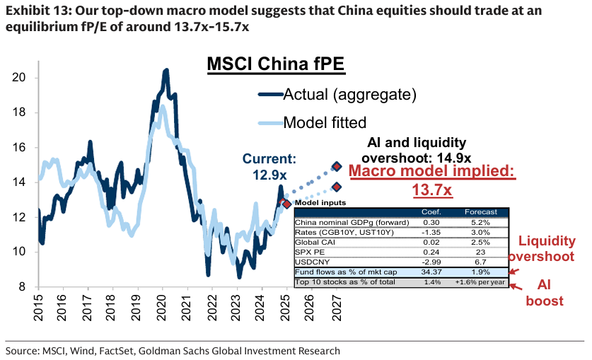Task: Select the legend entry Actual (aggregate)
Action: (x=349, y=93)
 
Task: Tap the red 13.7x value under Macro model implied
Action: (x=432, y=190)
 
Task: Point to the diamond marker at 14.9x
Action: (x=337, y=167)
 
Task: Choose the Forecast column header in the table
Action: (x=480, y=211)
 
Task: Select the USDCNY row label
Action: (x=315, y=261)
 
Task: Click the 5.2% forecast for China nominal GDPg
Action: (x=480, y=221)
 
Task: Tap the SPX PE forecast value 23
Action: (x=480, y=251)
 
